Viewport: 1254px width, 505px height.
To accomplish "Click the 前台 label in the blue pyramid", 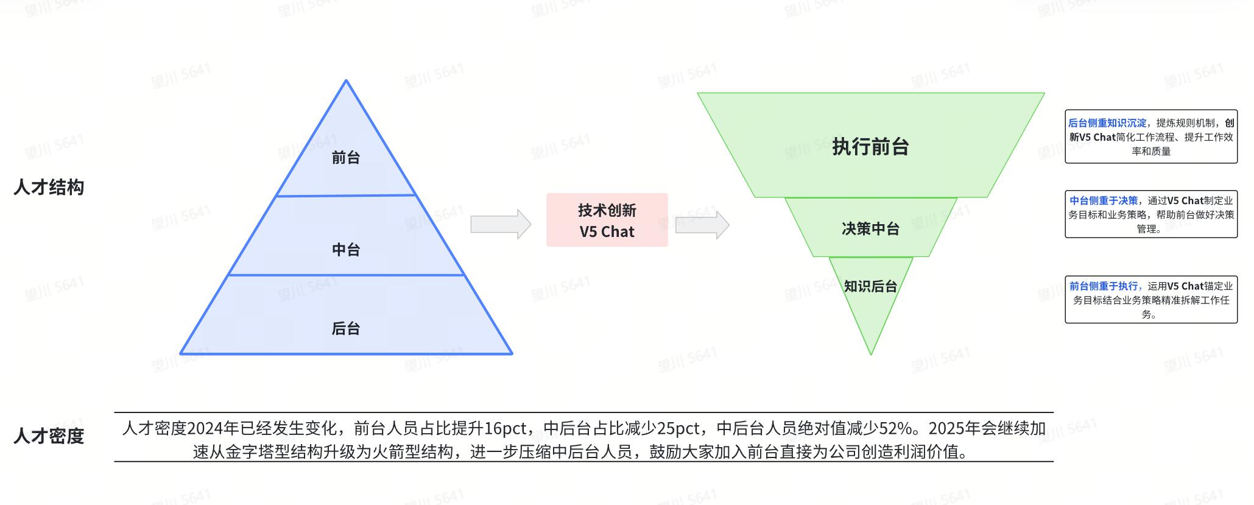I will tap(345, 158).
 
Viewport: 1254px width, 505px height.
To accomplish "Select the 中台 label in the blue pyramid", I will tap(345, 250).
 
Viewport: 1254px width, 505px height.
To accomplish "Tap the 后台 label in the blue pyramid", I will tap(345, 329).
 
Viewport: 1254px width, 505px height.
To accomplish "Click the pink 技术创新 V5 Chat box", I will tap(607, 221).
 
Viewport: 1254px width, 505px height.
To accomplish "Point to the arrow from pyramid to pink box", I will tap(500, 224).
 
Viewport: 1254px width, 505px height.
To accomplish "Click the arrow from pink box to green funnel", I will tap(702, 225).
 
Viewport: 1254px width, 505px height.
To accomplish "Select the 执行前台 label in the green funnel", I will tap(870, 147).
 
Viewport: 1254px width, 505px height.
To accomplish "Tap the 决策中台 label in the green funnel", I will tap(870, 229).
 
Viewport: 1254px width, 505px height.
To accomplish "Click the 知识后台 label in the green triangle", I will tap(870, 286).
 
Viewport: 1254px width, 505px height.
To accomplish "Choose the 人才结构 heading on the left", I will tap(49, 188).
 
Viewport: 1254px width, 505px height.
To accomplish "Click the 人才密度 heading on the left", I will tap(49, 436).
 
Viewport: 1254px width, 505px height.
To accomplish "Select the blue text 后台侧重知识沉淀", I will tap(1107, 123).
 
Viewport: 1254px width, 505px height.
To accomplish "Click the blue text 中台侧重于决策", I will tap(1104, 200).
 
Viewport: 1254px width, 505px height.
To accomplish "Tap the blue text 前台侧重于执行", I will tap(1104, 286).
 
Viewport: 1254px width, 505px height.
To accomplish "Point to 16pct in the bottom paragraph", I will tap(505, 429).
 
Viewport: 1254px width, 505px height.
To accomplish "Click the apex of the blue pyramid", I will tap(346, 81).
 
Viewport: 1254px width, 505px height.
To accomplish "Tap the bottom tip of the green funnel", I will tap(871, 353).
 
